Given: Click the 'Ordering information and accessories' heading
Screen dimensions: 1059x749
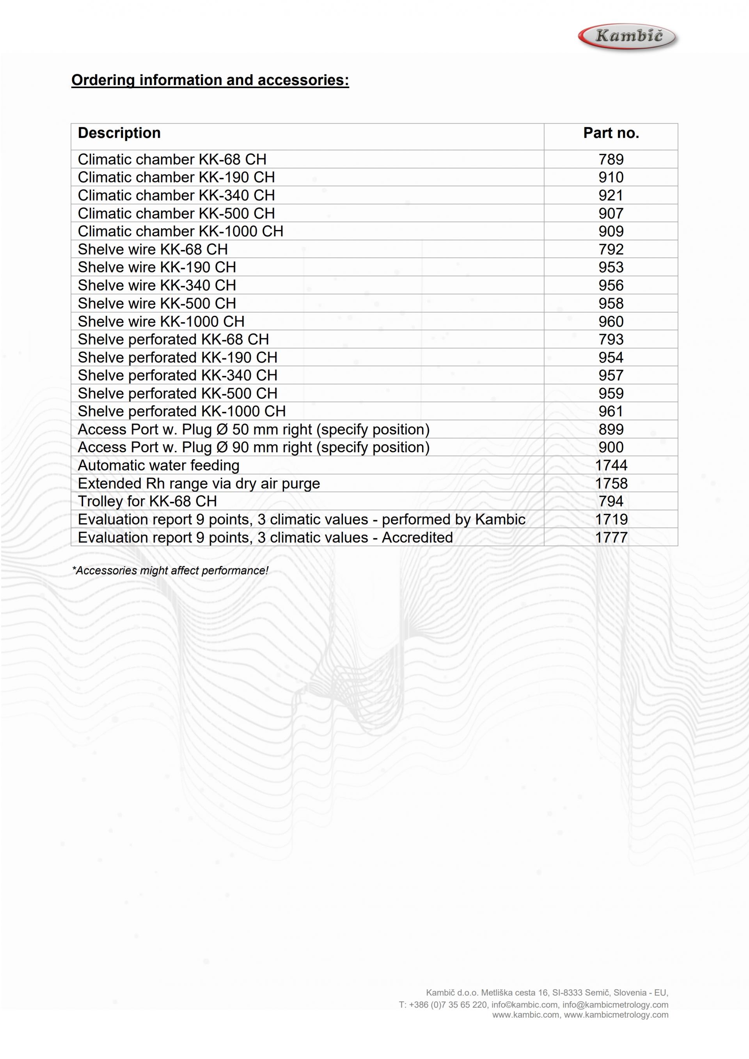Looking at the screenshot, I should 210,80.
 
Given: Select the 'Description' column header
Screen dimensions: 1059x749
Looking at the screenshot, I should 119,133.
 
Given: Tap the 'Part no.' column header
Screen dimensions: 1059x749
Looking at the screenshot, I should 611,133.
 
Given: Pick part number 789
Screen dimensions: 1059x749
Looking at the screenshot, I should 611,159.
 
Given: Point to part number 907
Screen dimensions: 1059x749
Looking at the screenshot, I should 611,213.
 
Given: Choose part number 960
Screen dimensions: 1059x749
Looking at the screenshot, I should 611,321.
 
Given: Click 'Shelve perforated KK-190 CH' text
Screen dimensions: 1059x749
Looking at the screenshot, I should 177,357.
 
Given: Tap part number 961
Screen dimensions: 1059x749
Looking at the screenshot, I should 611,411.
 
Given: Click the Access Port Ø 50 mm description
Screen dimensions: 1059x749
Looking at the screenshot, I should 253,429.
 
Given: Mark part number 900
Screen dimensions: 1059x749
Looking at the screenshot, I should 611,447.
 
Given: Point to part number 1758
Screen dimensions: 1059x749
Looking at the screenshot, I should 611,483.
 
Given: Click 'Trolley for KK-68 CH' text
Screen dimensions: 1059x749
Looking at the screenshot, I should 147,501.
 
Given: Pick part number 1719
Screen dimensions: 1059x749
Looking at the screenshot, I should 611,519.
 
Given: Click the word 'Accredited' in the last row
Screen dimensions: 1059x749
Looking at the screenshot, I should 417,537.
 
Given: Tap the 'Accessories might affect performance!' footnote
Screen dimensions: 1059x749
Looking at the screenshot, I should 170,570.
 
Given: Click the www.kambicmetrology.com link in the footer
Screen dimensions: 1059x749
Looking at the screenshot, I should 616,1014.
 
